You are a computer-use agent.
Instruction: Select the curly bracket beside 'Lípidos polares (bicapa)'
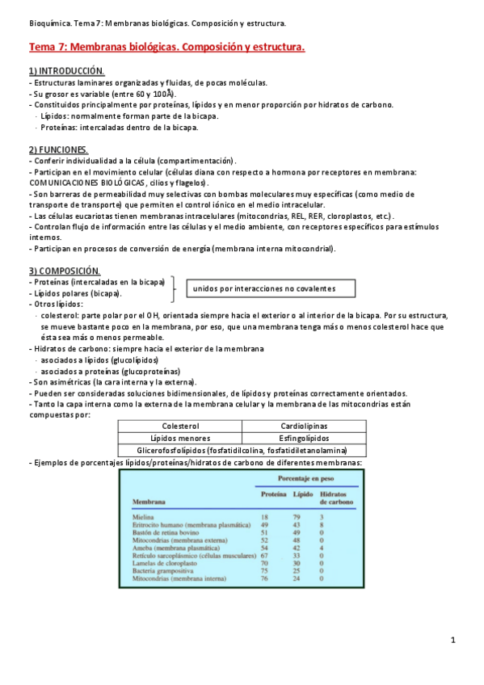173,288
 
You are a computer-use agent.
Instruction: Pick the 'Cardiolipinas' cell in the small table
305,426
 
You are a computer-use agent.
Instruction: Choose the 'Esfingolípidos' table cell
305,438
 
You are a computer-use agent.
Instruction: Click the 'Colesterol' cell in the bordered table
180,426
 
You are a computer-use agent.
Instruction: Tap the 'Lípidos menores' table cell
180,438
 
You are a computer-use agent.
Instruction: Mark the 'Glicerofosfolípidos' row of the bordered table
242,450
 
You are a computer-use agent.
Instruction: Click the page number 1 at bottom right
453,641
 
